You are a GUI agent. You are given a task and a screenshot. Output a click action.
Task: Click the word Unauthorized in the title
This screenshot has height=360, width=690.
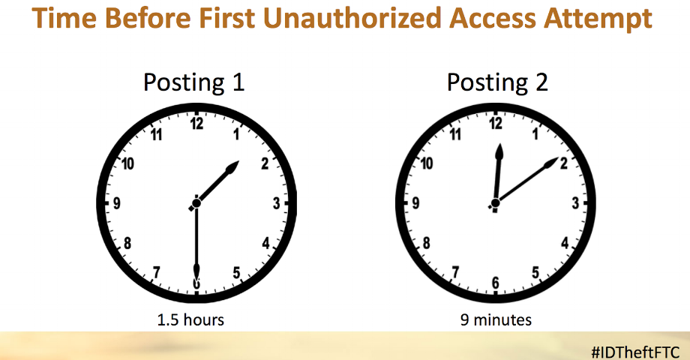click(352, 18)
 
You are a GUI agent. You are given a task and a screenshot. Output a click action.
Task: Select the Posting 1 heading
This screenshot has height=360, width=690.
click(193, 82)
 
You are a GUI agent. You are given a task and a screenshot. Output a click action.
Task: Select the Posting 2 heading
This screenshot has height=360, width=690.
click(497, 82)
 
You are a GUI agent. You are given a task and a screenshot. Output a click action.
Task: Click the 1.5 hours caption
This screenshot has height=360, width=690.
click(190, 319)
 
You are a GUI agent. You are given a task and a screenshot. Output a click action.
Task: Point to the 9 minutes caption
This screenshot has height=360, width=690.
click(496, 319)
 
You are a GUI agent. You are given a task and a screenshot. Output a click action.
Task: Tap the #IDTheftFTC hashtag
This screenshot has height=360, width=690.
click(636, 352)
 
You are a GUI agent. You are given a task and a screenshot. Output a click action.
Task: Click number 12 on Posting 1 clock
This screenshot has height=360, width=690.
click(196, 124)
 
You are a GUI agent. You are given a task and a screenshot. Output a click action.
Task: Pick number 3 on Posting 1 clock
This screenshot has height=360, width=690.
click(276, 203)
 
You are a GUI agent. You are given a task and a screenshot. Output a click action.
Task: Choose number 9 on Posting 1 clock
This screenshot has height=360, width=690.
click(116, 203)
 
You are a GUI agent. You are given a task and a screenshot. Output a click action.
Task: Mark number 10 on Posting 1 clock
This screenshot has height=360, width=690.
click(127, 164)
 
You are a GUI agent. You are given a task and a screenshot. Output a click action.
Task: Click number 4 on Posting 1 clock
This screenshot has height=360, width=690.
click(265, 243)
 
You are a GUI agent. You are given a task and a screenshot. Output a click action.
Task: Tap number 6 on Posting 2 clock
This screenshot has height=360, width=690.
click(496, 283)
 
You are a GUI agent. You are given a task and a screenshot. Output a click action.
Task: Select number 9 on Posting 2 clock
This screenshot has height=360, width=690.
click(415, 203)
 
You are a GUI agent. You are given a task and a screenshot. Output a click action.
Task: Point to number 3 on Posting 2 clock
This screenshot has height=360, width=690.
click(575, 203)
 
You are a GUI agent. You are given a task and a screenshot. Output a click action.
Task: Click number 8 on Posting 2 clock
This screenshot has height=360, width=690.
click(426, 243)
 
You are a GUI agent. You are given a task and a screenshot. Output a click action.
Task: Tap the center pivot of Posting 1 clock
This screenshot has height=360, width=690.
click(196, 203)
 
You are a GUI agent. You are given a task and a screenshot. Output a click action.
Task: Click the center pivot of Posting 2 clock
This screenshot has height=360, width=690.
click(495, 203)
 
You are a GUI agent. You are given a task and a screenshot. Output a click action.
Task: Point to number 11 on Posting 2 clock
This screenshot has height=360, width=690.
click(455, 134)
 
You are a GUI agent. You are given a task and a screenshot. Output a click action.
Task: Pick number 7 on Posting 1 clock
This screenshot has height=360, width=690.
click(156, 273)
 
